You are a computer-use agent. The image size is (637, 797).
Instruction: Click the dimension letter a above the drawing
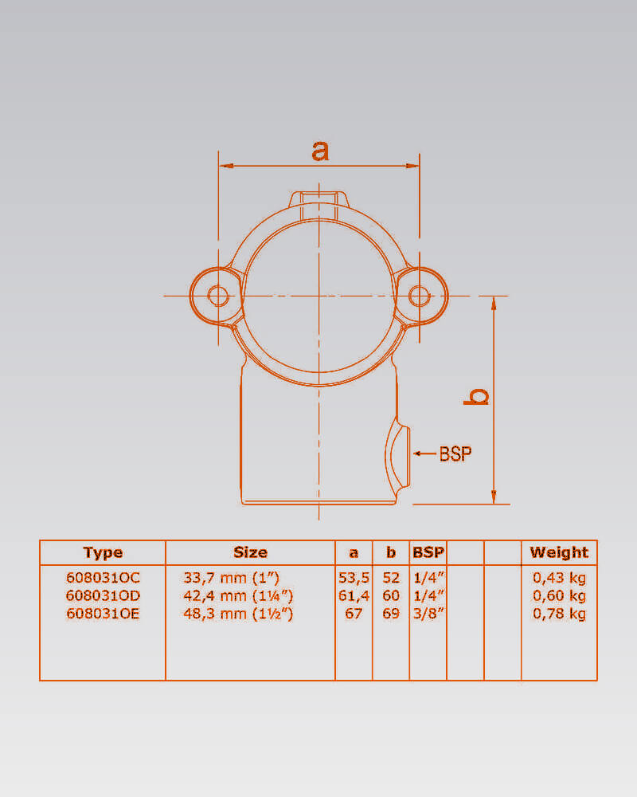320,151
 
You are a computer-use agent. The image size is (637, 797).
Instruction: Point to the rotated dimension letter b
476,396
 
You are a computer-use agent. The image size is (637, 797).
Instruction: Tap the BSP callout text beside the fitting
455,453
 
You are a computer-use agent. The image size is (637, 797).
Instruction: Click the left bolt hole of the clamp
218,296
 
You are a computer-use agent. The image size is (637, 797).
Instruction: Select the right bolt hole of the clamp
420,296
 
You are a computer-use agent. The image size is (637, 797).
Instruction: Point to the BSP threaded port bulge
397,453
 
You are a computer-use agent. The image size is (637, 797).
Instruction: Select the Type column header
103,552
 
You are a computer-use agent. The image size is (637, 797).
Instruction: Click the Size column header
251,552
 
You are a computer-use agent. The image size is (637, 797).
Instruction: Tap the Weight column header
559,552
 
